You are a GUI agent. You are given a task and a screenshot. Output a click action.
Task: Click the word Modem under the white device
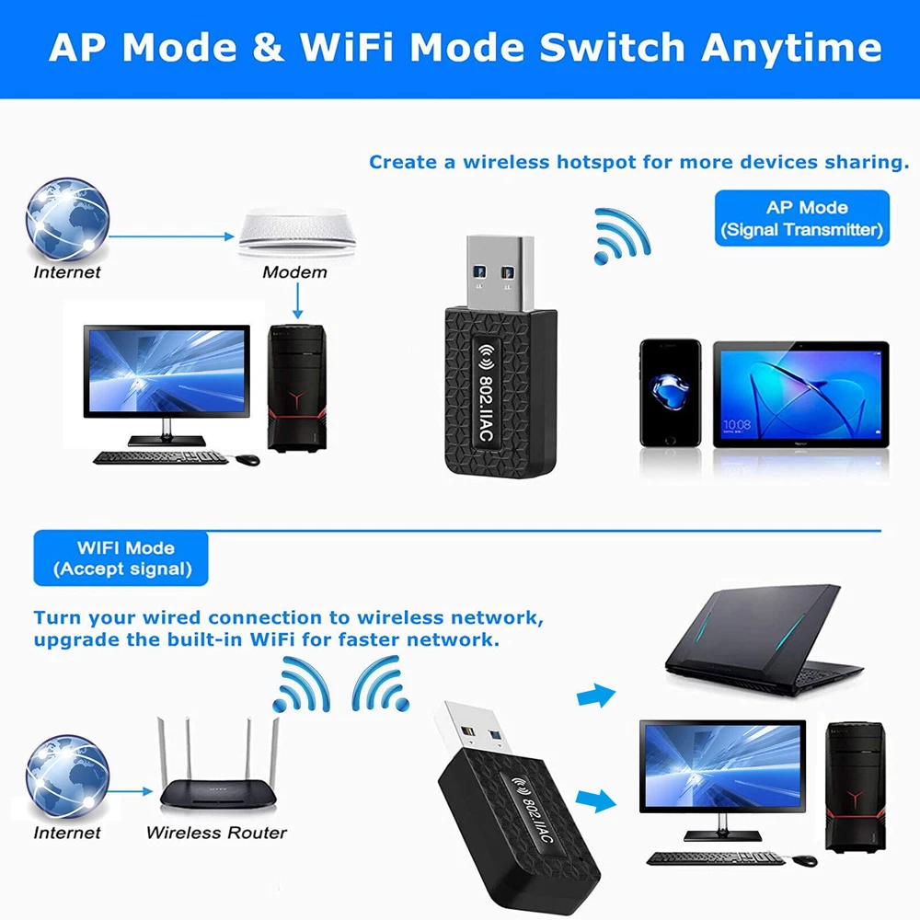coord(294,271)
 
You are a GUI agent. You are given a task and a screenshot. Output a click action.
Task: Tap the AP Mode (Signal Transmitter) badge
coord(802,218)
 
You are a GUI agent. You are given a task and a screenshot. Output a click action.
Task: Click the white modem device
coord(296,232)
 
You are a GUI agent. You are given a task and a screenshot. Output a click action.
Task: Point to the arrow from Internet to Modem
coord(175,236)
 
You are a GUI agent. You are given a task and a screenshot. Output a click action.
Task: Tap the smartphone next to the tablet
coord(670,393)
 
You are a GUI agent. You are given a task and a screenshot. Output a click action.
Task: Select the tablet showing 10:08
coord(800,394)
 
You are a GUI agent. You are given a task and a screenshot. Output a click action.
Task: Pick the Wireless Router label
coord(216,833)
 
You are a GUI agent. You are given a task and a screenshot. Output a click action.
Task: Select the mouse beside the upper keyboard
coord(247,457)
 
